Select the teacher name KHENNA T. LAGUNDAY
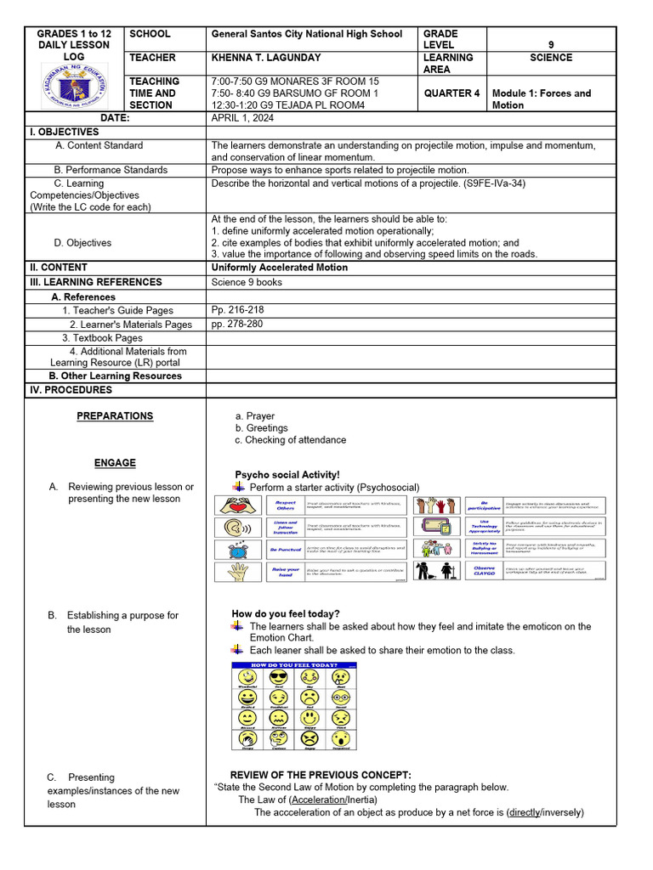[266, 58]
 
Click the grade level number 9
[551, 45]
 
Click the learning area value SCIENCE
[550, 58]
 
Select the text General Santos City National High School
[306, 34]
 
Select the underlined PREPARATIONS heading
[115, 416]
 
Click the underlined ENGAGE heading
[115, 463]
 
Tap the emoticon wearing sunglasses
[278, 678]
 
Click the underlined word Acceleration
[321, 799]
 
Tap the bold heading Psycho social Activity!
[287, 474]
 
